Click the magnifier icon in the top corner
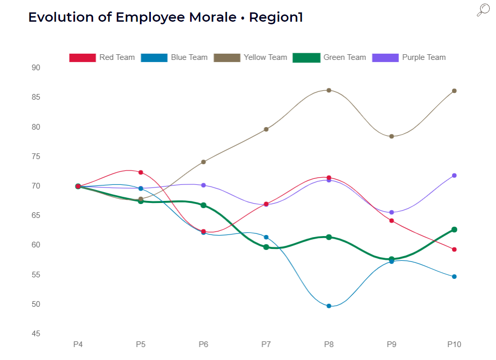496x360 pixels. [x=483, y=10]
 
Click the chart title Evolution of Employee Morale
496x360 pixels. [x=165, y=17]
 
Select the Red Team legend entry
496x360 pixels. [x=102, y=57]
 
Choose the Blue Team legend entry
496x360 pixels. [x=174, y=57]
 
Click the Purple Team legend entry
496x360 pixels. [x=409, y=57]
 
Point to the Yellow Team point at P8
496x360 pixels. [x=329, y=90]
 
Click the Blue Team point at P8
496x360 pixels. [x=329, y=306]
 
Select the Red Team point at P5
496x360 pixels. [x=141, y=173]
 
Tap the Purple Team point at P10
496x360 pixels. [x=454, y=176]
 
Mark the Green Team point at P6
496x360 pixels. [x=204, y=205]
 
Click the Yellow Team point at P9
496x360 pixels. [x=392, y=136]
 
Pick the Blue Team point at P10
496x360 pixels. [x=454, y=277]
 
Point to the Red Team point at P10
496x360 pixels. [x=454, y=249]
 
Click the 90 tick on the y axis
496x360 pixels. [x=36, y=68]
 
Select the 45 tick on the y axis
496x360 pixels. [x=36, y=334]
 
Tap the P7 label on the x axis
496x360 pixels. [x=266, y=344]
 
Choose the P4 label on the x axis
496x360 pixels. [x=78, y=344]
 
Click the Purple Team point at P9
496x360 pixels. [x=392, y=212]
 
